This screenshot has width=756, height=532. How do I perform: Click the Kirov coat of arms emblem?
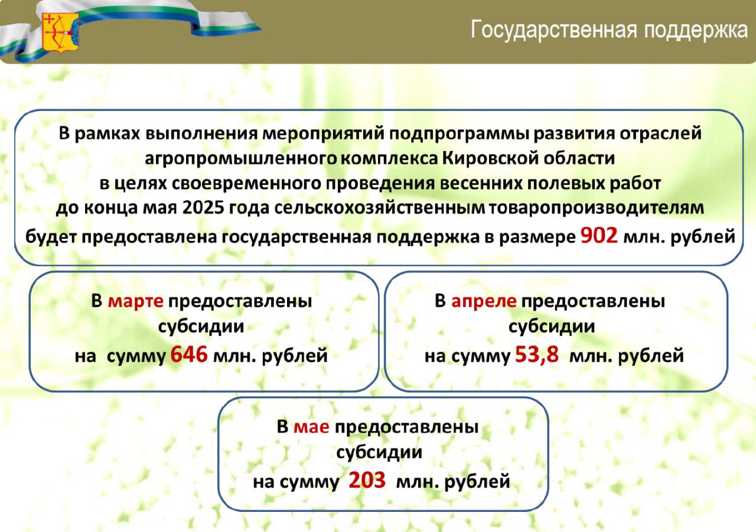tap(61, 33)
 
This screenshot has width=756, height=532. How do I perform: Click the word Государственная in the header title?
tap(554, 30)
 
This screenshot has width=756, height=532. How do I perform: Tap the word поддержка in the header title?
tap(696, 30)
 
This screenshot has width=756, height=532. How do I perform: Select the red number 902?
tap(599, 236)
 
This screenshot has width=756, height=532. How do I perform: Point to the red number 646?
tap(188, 354)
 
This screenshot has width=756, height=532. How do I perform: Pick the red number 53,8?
tap(537, 355)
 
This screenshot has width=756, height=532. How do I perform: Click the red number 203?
tap(367, 480)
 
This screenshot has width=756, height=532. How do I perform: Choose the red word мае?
tap(311, 427)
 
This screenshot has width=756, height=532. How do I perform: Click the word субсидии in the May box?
tap(379, 452)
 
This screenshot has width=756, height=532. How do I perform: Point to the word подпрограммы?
tap(459, 134)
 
